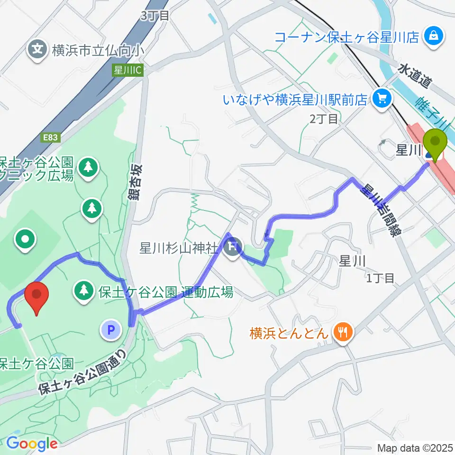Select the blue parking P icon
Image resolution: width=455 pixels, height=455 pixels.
tap(111, 330)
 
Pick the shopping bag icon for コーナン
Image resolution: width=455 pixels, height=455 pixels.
tap(433, 36)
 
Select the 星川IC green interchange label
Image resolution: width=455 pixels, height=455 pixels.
tap(127, 70)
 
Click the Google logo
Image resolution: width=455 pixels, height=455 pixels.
tap(32, 444)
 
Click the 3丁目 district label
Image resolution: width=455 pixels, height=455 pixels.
tap(155, 15)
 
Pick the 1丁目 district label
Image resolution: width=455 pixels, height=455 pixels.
tap(380, 278)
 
